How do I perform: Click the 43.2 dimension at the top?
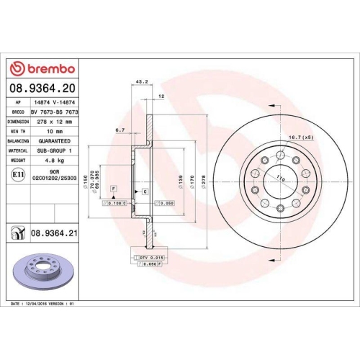(x=141, y=82)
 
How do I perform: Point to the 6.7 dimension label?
(x=121, y=130)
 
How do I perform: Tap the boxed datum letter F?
(x=113, y=188)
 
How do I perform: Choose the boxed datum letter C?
(x=145, y=192)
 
